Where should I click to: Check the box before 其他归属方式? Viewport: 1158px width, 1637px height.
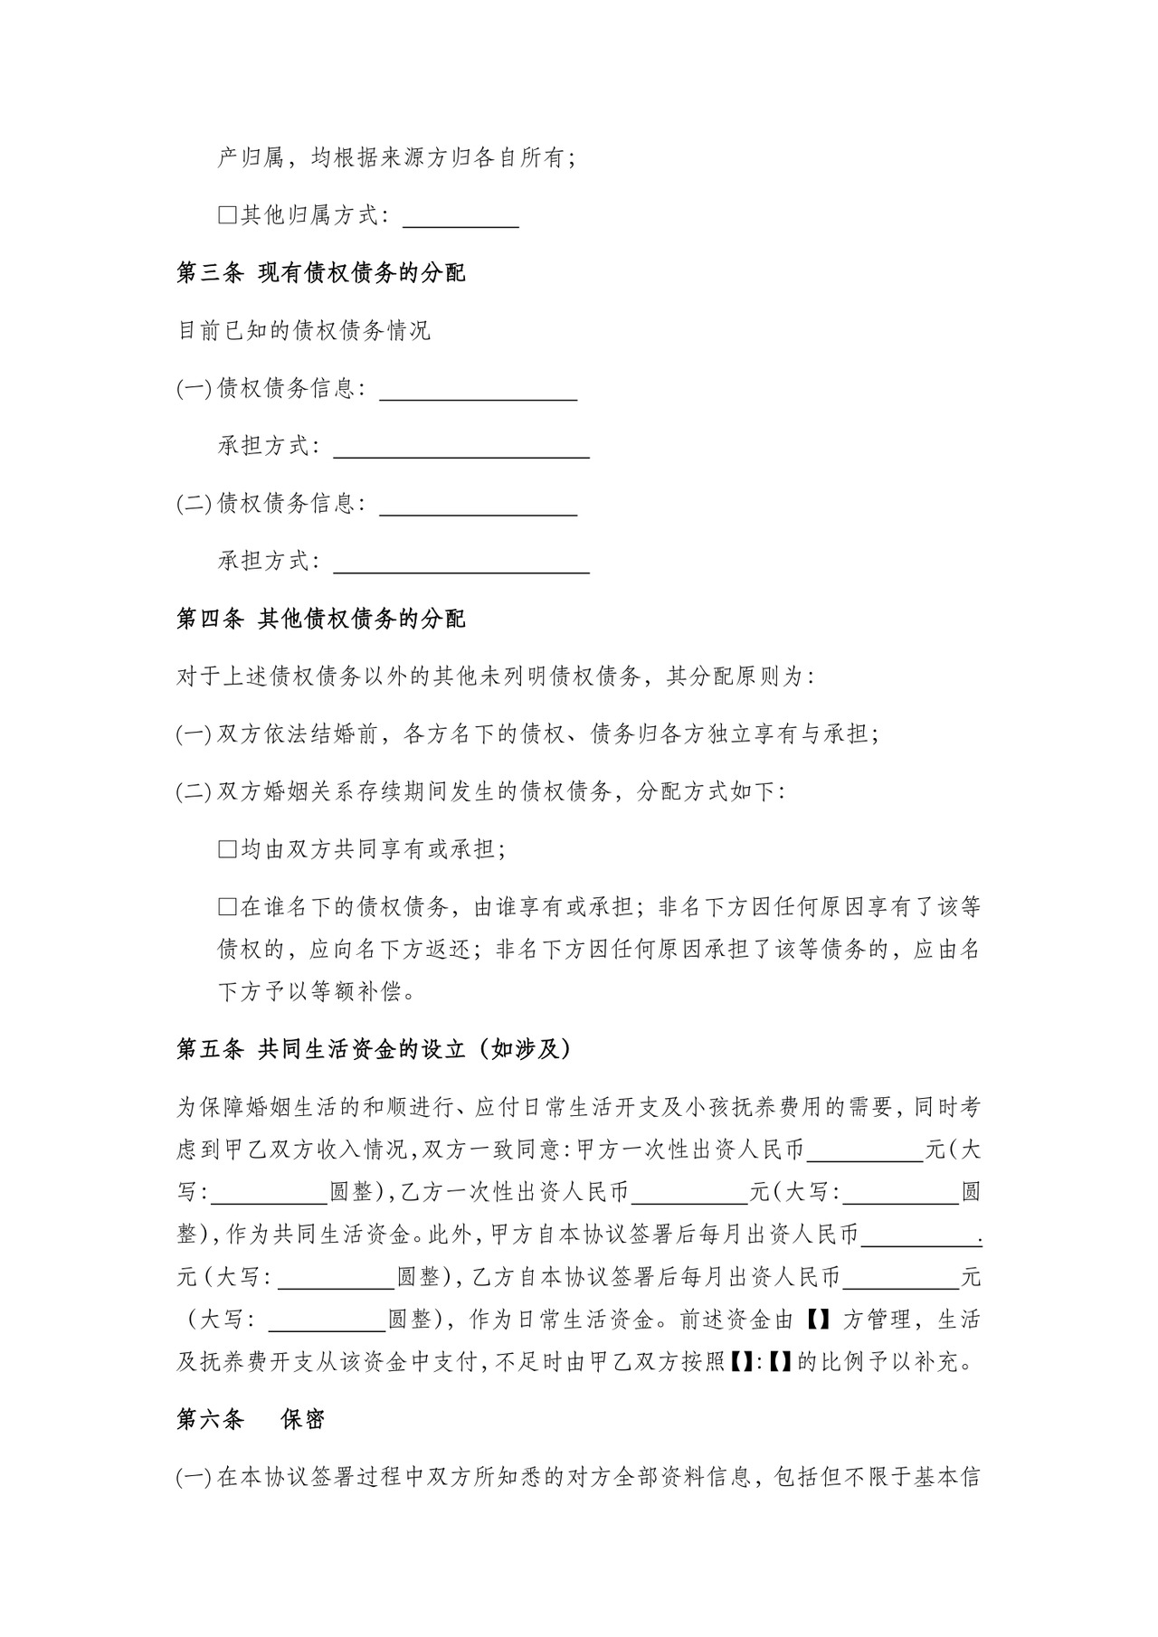click(227, 215)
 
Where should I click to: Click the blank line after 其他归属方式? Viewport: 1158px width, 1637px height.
click(460, 217)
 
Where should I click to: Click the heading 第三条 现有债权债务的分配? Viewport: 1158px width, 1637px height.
click(321, 272)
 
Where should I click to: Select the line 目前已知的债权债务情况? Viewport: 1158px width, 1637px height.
click(304, 330)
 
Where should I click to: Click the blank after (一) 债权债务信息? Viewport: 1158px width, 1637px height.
click(479, 390)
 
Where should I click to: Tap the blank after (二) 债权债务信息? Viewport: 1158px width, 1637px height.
click(479, 505)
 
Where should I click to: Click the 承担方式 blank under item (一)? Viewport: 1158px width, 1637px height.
click(461, 448)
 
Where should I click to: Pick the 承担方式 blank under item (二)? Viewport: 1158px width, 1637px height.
click(461, 563)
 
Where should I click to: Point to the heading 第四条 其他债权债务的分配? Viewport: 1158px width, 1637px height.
click(321, 620)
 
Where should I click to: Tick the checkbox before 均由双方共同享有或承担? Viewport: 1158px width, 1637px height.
click(227, 849)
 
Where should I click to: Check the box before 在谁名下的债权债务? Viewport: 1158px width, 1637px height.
click(227, 907)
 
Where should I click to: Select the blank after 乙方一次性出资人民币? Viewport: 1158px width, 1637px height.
click(690, 1193)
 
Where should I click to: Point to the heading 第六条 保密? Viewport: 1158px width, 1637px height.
click(251, 1420)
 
